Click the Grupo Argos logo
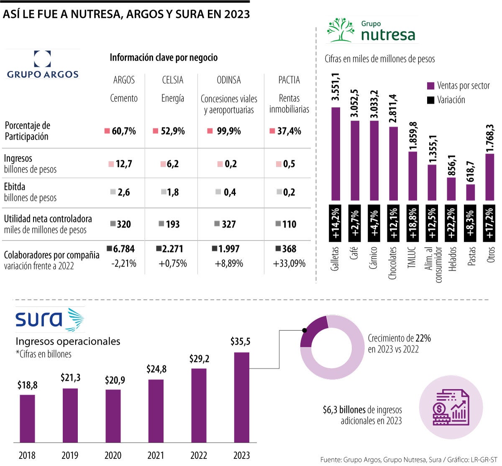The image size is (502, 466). click(43, 65)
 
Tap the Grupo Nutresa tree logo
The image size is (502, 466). click(340, 30)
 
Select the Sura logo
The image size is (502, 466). click(49, 319)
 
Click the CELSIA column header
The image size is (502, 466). click(172, 80)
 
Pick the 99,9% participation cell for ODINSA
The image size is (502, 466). click(228, 131)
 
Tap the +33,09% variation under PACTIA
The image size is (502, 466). click(289, 264)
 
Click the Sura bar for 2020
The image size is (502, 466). click(113, 415)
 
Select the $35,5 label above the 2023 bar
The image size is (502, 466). click(241, 342)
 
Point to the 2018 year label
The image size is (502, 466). click(27, 455)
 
